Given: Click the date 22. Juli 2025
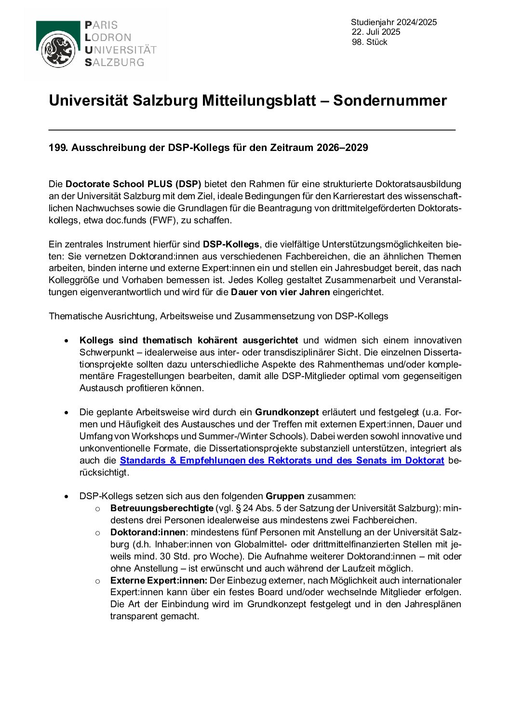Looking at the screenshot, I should point(376,32).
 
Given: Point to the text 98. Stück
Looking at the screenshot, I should point(369,42).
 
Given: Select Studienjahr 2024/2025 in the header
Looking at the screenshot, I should point(393,22).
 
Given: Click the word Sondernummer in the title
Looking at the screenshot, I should point(389,100).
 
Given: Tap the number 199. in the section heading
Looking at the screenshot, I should point(58,148).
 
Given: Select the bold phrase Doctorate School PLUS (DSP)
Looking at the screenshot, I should point(133,184).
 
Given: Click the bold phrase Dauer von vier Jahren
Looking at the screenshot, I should point(280,292).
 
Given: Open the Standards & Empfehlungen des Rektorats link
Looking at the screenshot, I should point(282,460).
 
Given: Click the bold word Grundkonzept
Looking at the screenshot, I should point(287,412).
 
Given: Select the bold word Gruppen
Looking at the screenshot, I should point(285,496).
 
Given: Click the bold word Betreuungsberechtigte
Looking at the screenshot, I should point(161,508).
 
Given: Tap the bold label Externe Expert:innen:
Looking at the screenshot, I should point(159,580).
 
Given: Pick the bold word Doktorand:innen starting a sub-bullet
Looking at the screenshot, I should point(148,532).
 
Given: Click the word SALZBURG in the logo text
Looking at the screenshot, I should point(114,62).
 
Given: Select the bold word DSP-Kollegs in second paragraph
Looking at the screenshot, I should point(230,244).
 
